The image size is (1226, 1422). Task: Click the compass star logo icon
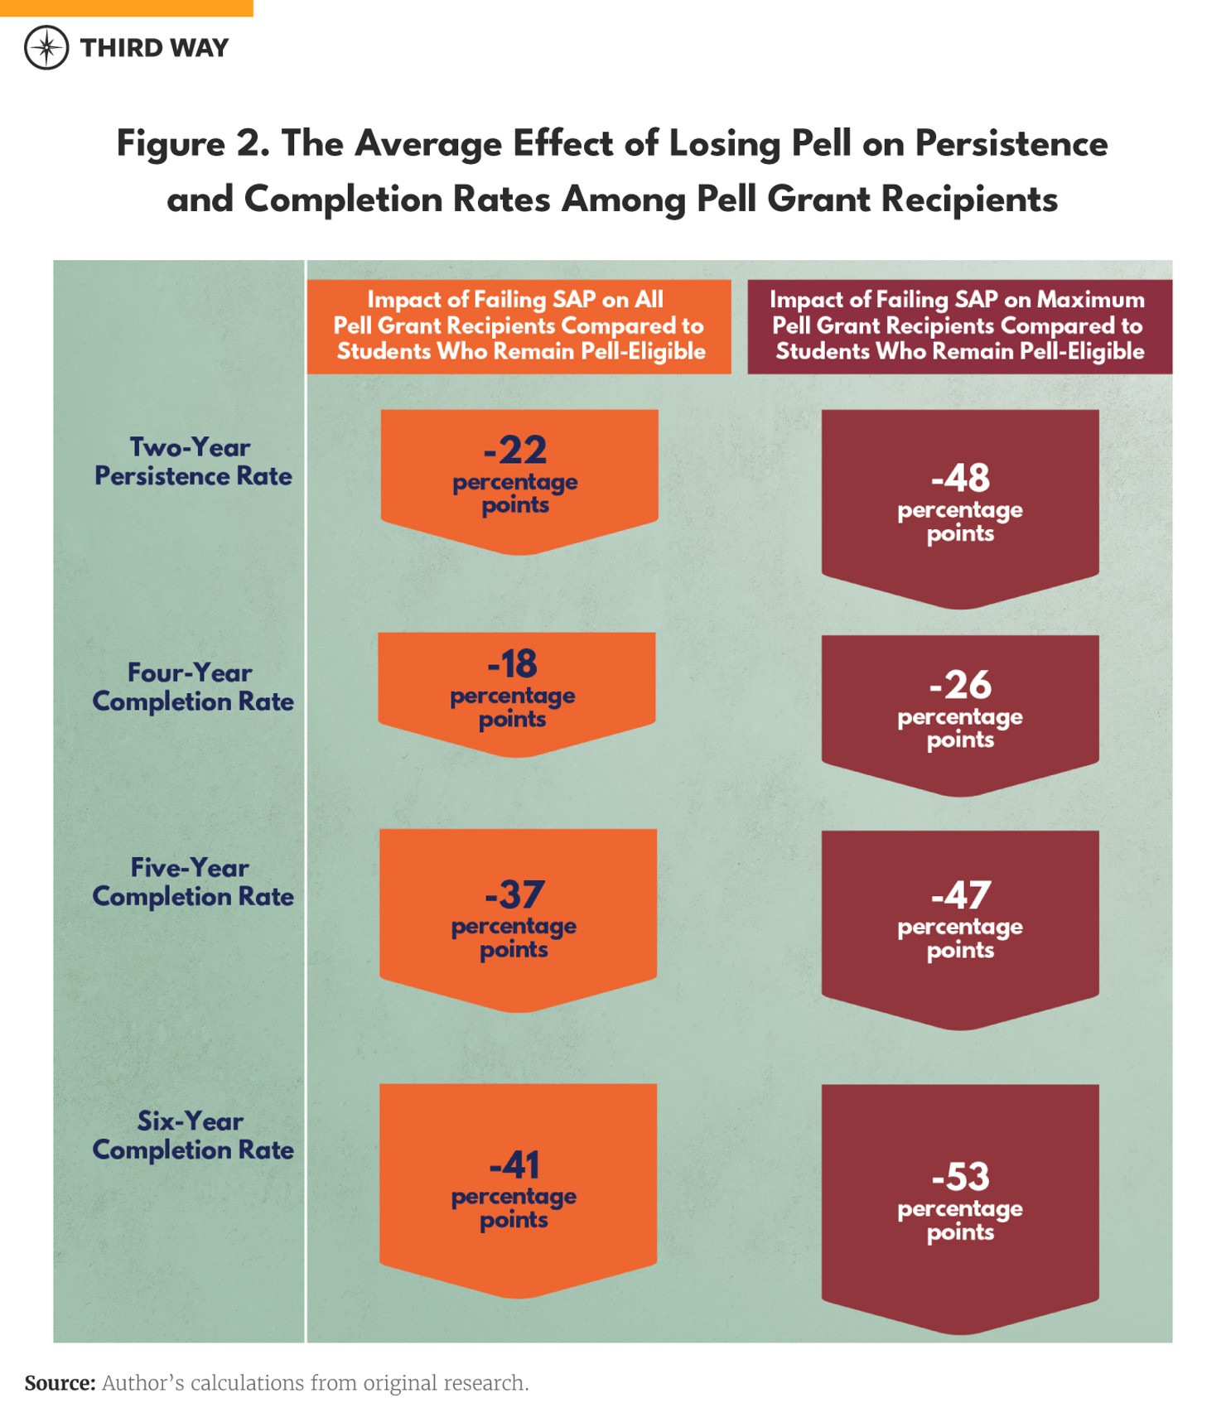[x=46, y=47]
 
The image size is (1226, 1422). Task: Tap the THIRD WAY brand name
[x=154, y=48]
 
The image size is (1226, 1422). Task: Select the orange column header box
[x=519, y=326]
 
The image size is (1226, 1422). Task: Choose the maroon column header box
[x=959, y=326]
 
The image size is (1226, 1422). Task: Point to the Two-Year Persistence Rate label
[x=192, y=461]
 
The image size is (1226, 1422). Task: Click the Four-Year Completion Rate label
[x=192, y=687]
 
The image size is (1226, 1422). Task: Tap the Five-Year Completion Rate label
[x=192, y=882]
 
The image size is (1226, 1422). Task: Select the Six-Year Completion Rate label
[x=192, y=1135]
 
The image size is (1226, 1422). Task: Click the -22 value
[x=515, y=451]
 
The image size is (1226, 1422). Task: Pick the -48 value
[x=960, y=478]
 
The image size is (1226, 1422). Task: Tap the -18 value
[x=513, y=664]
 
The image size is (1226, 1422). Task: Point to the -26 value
[x=960, y=685]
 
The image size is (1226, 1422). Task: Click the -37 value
[x=514, y=894]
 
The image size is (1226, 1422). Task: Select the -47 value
[x=960, y=895]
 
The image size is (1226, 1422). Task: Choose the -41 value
[x=514, y=1165]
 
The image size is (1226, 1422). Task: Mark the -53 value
[x=960, y=1177]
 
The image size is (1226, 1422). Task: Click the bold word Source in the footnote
[x=60, y=1383]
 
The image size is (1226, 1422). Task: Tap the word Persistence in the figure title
[x=1011, y=143]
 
